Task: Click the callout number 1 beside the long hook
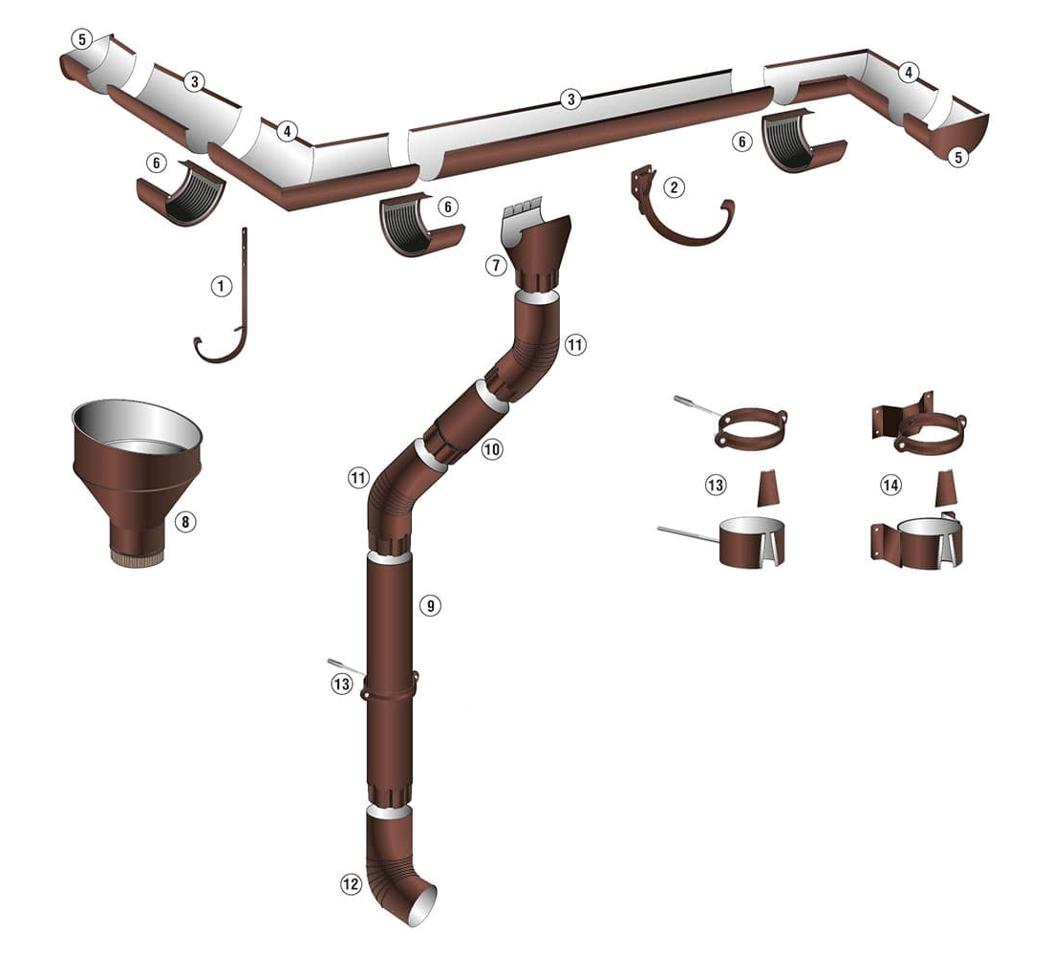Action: click(x=222, y=287)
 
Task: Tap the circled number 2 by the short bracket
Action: click(x=675, y=187)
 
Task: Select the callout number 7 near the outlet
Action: click(x=496, y=266)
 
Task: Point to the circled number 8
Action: click(x=185, y=521)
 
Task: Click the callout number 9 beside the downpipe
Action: click(x=430, y=606)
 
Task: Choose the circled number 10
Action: click(x=492, y=448)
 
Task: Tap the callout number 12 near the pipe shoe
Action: click(x=352, y=884)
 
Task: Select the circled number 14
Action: click(x=890, y=485)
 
